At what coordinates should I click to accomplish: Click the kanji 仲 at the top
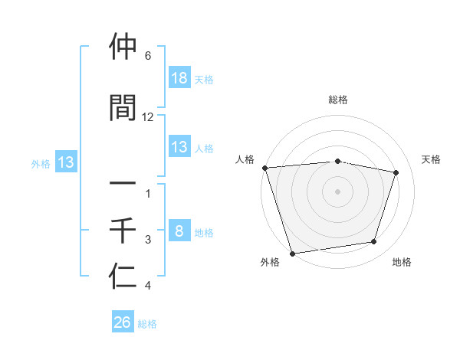click(123, 47)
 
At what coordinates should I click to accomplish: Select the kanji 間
click(123, 107)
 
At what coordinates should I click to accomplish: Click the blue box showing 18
click(179, 78)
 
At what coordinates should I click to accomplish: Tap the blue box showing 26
click(123, 323)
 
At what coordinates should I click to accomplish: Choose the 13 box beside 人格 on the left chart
click(179, 147)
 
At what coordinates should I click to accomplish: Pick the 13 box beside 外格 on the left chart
click(65, 162)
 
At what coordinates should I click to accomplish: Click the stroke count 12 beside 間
click(148, 116)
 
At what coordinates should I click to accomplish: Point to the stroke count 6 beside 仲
click(148, 56)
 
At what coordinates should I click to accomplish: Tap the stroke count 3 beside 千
click(148, 240)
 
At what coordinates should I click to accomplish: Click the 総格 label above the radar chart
click(338, 100)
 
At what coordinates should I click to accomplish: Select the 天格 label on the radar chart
click(432, 159)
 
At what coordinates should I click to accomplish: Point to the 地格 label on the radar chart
click(402, 263)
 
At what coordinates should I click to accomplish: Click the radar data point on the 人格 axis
click(264, 168)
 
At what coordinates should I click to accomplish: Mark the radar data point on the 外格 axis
click(292, 253)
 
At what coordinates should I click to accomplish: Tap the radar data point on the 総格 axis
click(338, 161)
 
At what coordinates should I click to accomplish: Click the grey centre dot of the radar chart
click(338, 191)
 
